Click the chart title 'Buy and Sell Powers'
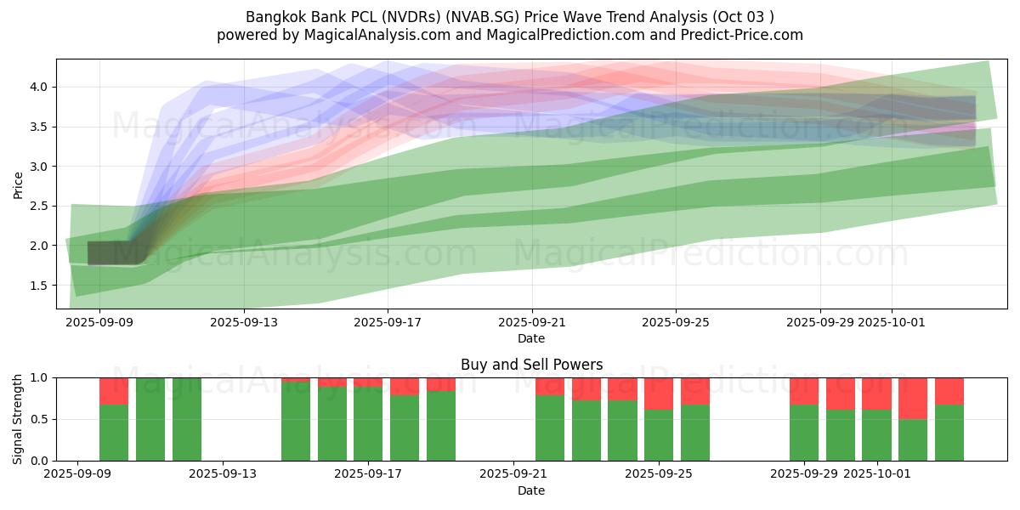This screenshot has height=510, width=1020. coord(531,365)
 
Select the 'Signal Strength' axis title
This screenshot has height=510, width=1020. coord(19,419)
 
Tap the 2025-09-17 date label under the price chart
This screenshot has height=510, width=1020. coord(388,322)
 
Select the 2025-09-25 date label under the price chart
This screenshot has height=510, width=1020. coord(676,322)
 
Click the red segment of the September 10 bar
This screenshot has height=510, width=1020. coord(114,391)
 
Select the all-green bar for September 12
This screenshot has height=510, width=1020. coord(186,419)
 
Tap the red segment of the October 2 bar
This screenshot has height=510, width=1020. coord(913,398)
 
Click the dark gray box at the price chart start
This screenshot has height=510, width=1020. coord(117,253)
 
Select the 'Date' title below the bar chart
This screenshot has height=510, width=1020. coord(531,490)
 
